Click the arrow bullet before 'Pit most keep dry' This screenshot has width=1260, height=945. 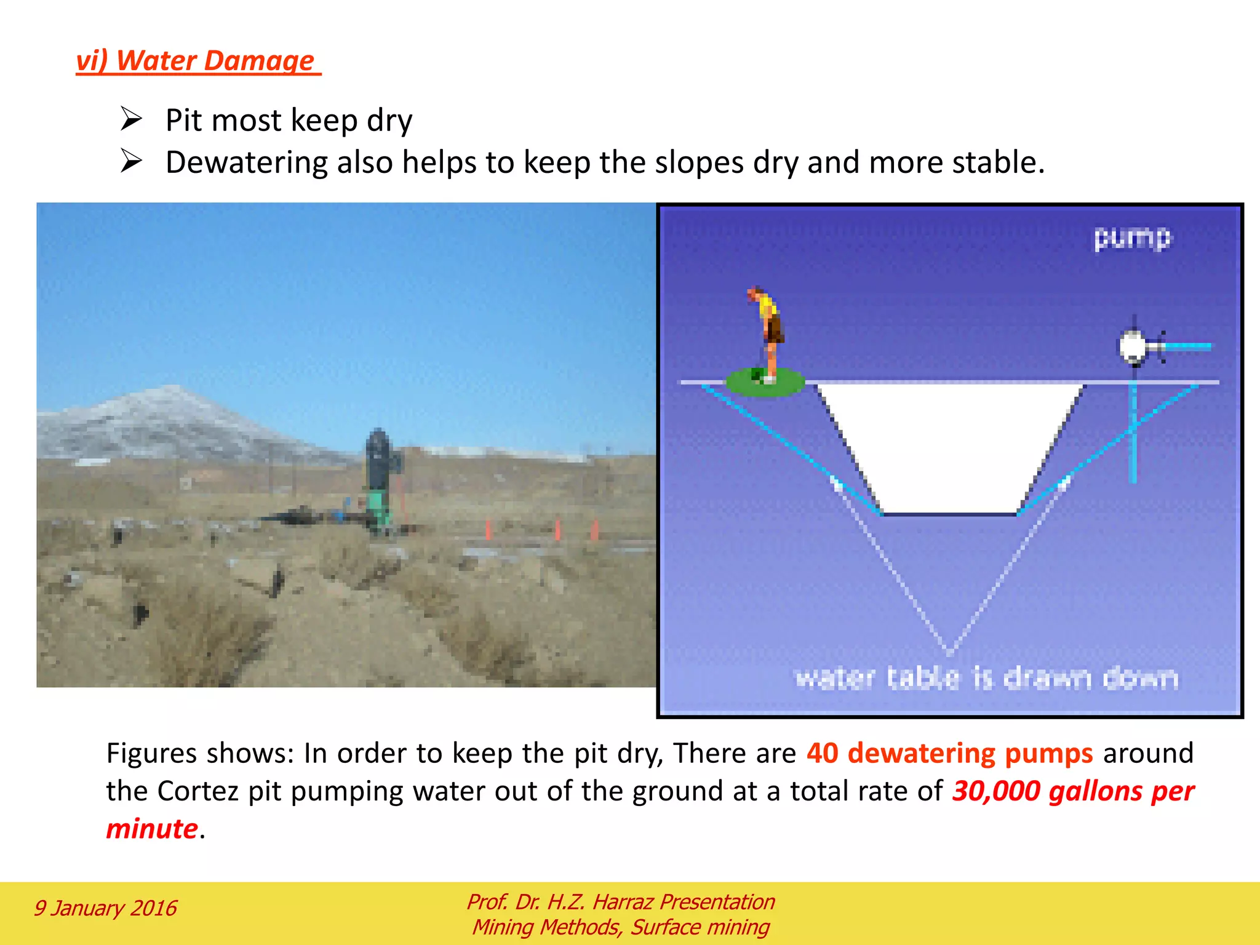coord(131,119)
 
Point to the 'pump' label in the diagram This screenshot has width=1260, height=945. coord(1132,237)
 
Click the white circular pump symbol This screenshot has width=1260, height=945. coord(1132,346)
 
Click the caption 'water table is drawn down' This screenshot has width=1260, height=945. coord(986,678)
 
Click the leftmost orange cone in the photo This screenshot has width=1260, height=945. coord(488,529)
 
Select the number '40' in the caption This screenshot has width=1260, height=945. coord(822,754)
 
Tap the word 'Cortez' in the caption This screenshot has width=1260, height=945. coord(197,791)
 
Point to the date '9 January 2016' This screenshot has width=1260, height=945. coord(105,908)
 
